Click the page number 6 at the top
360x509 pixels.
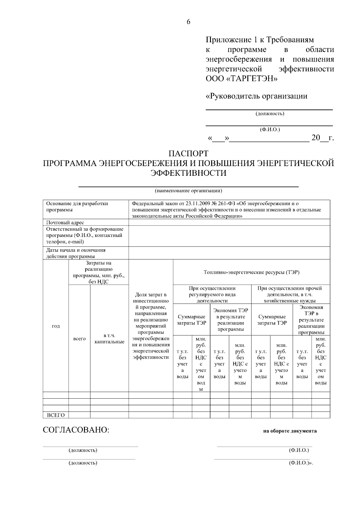188,22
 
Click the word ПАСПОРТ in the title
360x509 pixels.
188,154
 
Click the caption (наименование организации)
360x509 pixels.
188,191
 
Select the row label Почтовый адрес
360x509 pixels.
65,223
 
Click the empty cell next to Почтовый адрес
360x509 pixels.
229,223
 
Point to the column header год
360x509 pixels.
56,326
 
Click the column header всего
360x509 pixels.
79,339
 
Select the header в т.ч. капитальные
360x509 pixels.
109,339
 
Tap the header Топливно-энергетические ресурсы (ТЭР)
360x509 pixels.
251,272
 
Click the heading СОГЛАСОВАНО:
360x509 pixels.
76,430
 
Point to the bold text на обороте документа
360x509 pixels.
290,431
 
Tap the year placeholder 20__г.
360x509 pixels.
322,138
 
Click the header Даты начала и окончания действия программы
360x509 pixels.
76,253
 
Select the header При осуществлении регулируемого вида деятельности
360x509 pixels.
212,295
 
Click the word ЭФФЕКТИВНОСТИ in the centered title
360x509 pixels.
188,173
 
